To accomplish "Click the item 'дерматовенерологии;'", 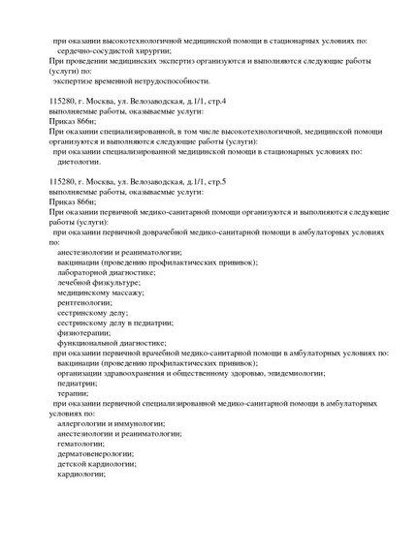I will click(x=96, y=453).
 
